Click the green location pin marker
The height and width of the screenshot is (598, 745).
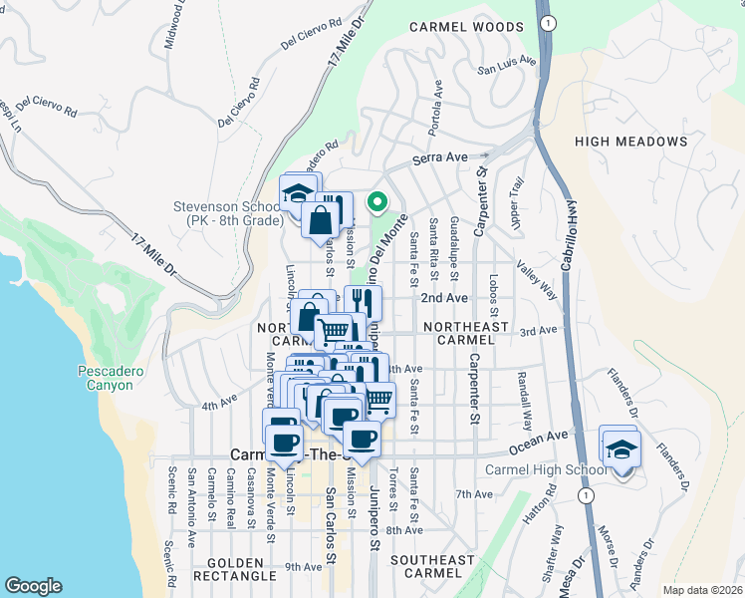click(x=377, y=203)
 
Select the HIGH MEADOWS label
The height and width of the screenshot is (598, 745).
click(x=631, y=142)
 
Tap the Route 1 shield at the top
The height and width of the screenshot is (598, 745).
click(x=545, y=22)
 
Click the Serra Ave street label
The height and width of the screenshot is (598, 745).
click(x=440, y=157)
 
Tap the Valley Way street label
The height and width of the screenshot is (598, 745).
click(x=535, y=280)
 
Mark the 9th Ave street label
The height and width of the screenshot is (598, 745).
click(x=303, y=566)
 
